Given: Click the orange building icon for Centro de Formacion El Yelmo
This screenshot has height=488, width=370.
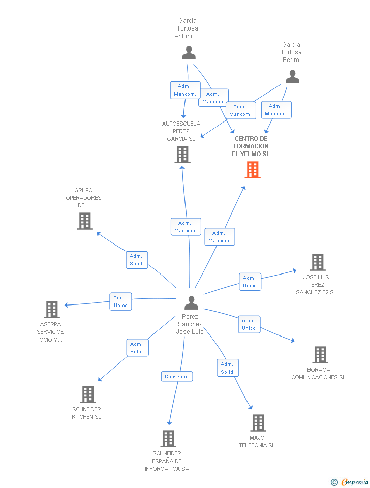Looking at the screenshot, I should (253, 170).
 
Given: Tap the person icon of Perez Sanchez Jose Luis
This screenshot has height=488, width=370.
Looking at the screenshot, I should (191, 302).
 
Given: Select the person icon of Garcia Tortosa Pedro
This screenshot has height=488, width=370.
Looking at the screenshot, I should (292, 77).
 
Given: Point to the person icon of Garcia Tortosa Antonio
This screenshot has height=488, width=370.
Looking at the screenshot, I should (189, 53).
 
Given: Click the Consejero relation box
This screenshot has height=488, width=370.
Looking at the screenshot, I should (177, 377).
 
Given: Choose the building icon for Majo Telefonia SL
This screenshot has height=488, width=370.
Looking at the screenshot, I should (258, 422).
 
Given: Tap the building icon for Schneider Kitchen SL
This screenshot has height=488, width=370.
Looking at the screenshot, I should (88, 394).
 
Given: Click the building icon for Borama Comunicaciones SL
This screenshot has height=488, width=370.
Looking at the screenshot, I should (320, 355).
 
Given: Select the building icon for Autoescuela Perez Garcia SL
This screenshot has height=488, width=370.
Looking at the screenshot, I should (182, 155).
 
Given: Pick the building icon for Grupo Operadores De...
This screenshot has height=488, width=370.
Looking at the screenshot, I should (85, 221).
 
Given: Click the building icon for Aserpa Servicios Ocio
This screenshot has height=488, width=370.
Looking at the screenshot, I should (51, 309).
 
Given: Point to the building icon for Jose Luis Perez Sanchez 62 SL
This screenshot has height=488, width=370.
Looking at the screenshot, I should (318, 262).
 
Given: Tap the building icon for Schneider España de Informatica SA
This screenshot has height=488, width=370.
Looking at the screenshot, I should (168, 438).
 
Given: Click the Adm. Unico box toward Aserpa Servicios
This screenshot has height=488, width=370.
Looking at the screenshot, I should (120, 301).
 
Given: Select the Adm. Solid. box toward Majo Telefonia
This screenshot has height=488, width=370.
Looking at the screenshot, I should (228, 368).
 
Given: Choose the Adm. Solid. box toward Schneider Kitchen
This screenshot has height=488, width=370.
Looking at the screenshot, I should (137, 348).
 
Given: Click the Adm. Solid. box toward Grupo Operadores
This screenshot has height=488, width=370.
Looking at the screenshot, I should (137, 260).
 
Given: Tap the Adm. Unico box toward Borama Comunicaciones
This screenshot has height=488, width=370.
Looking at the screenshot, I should (249, 324).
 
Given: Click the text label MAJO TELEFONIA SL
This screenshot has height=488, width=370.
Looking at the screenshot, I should (257, 442).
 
